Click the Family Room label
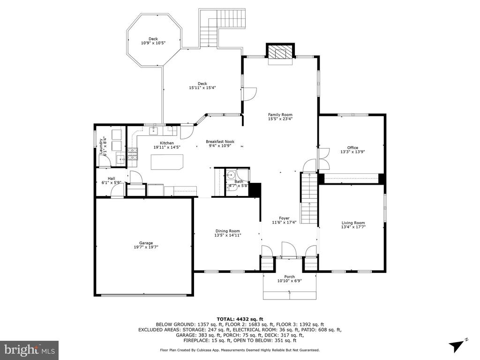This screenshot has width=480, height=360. pyautogui.click(x=280, y=115)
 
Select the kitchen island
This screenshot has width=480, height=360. pyautogui.click(x=167, y=162)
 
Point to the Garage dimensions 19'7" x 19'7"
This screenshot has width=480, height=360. pyautogui.click(x=146, y=247)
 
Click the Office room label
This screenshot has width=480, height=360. pyautogui.click(x=352, y=148)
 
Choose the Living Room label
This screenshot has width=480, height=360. pyautogui.click(x=353, y=223)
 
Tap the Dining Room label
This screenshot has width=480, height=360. pyautogui.click(x=228, y=231)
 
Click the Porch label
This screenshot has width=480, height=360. pyautogui.click(x=290, y=277)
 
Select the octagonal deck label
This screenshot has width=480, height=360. pyautogui.click(x=153, y=39)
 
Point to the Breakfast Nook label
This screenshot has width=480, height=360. pyautogui.click(x=220, y=142)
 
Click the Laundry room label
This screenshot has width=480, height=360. pyautogui.click(x=101, y=146)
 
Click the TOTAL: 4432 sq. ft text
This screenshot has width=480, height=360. pyautogui.click(x=240, y=319)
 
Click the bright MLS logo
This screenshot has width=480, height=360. pyautogui.click(x=29, y=349)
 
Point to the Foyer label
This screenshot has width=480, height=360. pyautogui.click(x=284, y=218)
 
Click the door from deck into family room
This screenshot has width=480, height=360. pyautogui.click(x=249, y=94)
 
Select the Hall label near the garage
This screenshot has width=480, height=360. pyautogui.click(x=112, y=179)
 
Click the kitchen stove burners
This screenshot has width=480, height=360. pyautogui.click(x=133, y=154)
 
